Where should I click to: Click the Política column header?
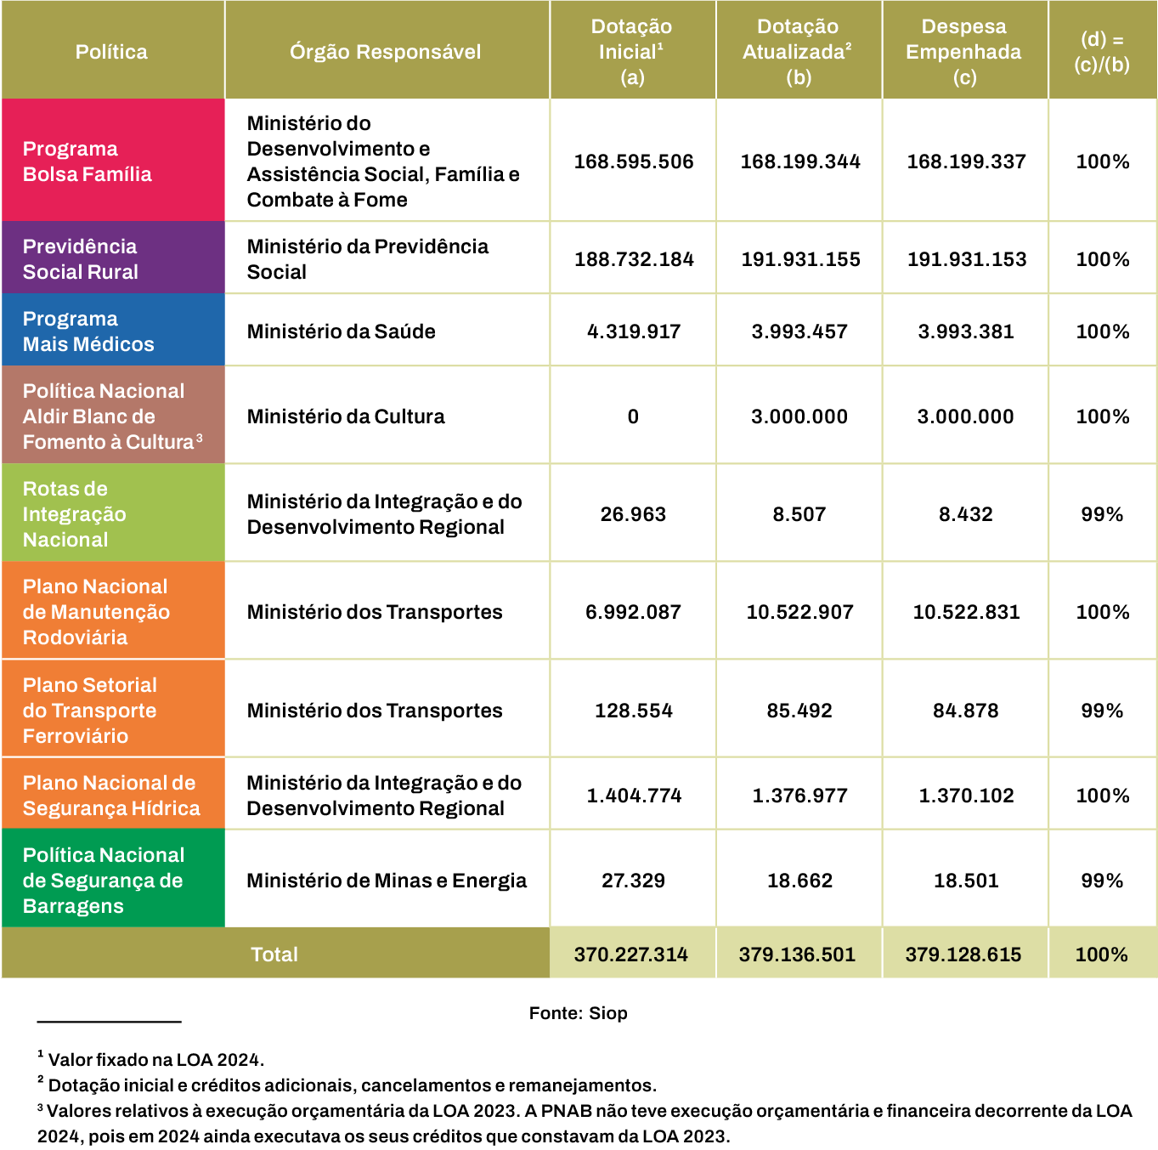pyautogui.click(x=111, y=52)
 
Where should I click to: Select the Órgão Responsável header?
pyautogui.click(x=385, y=52)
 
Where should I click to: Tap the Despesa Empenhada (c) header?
pyautogui.click(x=963, y=52)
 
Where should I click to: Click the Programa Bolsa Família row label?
pyautogui.click(x=87, y=161)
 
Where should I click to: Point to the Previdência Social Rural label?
pyautogui.click(x=80, y=259)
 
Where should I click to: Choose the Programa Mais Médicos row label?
pyautogui.click(x=88, y=331)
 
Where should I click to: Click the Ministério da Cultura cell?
pyautogui.click(x=346, y=416)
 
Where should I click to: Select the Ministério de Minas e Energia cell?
pyautogui.click(x=387, y=881)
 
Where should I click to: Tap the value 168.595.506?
pyautogui.click(x=634, y=161)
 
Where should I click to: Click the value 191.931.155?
pyautogui.click(x=800, y=259)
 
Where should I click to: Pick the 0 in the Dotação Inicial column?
pyautogui.click(x=633, y=416)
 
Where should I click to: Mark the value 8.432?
pyautogui.click(x=966, y=514)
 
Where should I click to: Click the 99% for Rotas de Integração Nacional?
pyautogui.click(x=1102, y=514)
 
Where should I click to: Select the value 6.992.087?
pyautogui.click(x=633, y=612)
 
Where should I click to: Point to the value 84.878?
pyautogui.click(x=966, y=711)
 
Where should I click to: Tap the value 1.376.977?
pyautogui.click(x=799, y=796)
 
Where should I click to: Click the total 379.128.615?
pyautogui.click(x=963, y=955)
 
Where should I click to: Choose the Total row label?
pyautogui.click(x=274, y=955)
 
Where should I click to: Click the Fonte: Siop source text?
pyautogui.click(x=578, y=1013)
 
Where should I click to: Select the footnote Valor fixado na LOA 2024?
pyautogui.click(x=155, y=1060)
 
